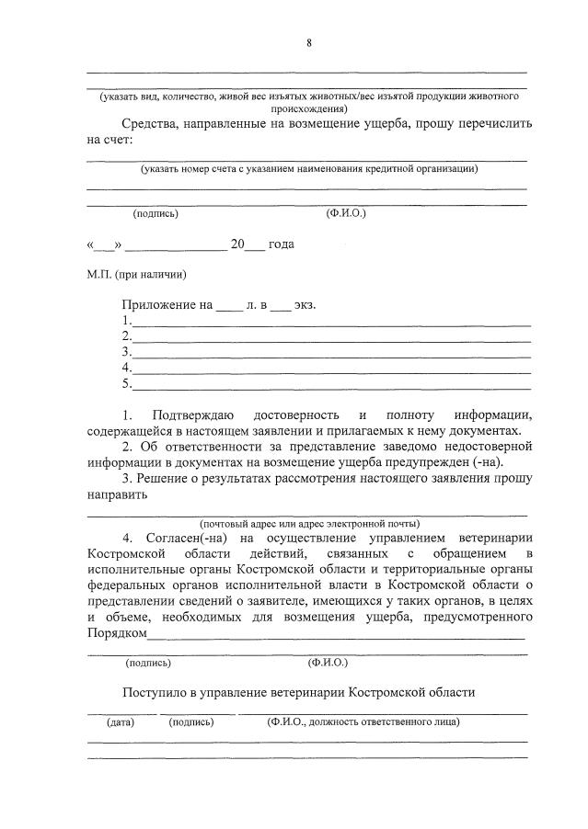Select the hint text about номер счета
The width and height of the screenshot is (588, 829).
click(x=308, y=169)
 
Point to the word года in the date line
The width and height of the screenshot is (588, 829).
click(x=282, y=244)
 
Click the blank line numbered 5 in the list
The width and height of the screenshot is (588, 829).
click(x=331, y=384)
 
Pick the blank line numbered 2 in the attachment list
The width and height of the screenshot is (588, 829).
click(x=331, y=336)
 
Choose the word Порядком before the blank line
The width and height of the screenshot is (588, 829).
click(x=117, y=633)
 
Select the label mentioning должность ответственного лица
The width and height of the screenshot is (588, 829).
click(x=363, y=722)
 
